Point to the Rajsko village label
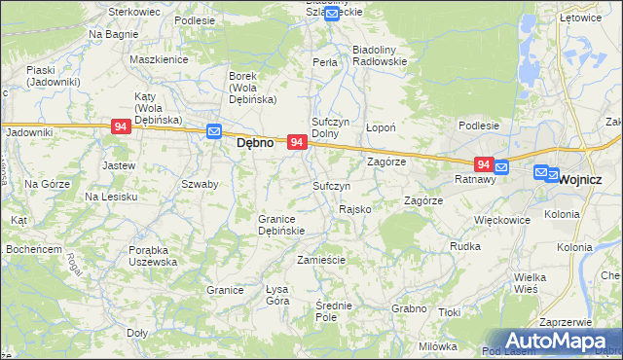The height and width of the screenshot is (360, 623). pyautogui.click(x=354, y=210)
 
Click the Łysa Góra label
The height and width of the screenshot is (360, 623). pyautogui.click(x=278, y=295)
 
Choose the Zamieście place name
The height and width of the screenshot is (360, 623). pyautogui.click(x=321, y=260)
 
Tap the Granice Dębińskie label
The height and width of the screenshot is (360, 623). pyautogui.click(x=281, y=225)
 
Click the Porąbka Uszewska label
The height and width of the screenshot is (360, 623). pyautogui.click(x=153, y=255)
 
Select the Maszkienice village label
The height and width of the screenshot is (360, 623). pyautogui.click(x=158, y=59)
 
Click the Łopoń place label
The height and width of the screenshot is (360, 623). pyautogui.click(x=380, y=127)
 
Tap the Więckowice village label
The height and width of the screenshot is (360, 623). pyautogui.click(x=501, y=220)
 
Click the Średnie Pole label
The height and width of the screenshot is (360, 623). pyautogui.click(x=333, y=311)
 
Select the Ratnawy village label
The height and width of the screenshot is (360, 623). pyautogui.click(x=476, y=179)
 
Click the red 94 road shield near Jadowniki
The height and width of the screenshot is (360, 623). pyautogui.click(x=121, y=127)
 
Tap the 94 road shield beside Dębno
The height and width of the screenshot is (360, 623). pyautogui.click(x=298, y=142)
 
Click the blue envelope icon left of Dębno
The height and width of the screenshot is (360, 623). pyautogui.click(x=214, y=133)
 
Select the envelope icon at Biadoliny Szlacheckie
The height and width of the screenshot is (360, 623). pyautogui.click(x=332, y=13)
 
